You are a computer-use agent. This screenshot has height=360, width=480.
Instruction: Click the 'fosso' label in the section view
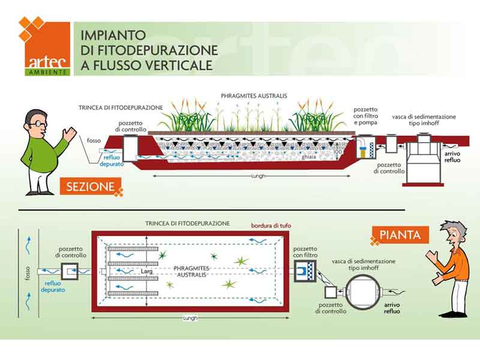pyautogui.click(x=94, y=140)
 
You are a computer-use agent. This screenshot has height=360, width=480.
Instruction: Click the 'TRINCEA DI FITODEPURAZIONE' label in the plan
pyautogui.click(x=187, y=223)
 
